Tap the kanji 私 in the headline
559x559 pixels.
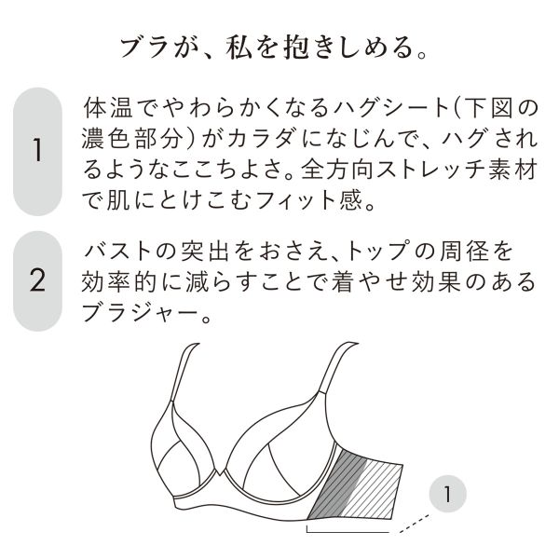point(239,48)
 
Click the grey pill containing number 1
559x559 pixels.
point(37,152)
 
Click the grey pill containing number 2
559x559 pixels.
point(37,281)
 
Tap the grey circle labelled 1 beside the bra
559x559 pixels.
point(448,494)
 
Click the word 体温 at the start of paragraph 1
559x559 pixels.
point(108,108)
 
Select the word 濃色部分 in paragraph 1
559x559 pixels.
point(132,138)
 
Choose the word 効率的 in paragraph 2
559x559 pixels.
point(118,282)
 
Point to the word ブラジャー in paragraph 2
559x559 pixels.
point(140,313)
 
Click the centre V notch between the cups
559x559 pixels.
point(220,472)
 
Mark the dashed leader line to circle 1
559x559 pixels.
point(415,524)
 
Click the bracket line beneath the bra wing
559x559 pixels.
point(348,532)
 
